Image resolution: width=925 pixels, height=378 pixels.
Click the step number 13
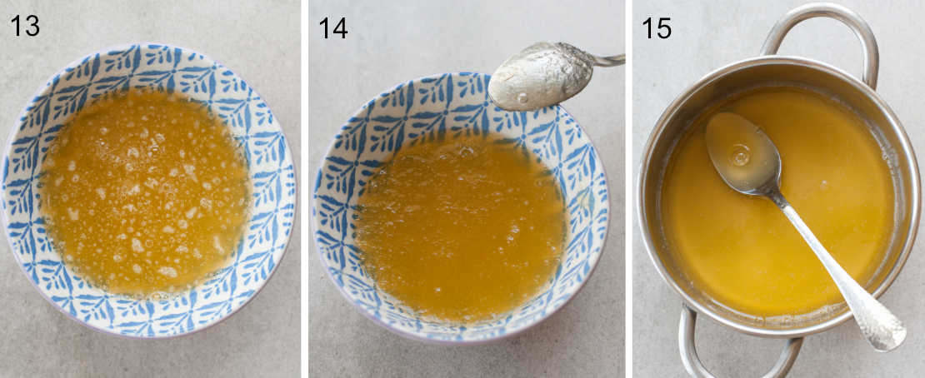(24, 26)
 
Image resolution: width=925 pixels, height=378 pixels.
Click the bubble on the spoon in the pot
(739, 155)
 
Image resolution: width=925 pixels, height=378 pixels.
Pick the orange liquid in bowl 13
(146, 191)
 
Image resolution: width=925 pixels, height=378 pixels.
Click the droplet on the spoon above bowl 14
(522, 98)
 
